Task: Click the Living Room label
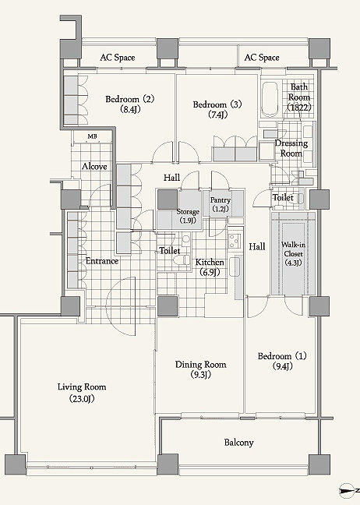(x=82, y=393)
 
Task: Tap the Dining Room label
(x=200, y=369)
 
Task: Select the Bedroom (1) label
(x=282, y=361)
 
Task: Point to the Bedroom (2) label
(x=130, y=104)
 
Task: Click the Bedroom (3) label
(x=217, y=109)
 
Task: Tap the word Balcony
(x=238, y=443)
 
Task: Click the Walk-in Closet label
(x=293, y=253)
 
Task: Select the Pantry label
(x=221, y=204)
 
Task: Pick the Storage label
(x=188, y=216)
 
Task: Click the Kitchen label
(x=210, y=267)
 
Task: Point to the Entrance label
(x=102, y=260)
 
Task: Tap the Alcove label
(x=94, y=166)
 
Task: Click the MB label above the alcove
(x=93, y=136)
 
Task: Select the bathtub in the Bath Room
(x=270, y=99)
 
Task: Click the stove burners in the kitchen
(x=235, y=241)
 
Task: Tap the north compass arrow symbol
(x=347, y=490)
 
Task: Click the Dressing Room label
(x=291, y=148)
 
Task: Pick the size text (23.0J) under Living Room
(x=82, y=399)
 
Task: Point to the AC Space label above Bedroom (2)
(x=117, y=58)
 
